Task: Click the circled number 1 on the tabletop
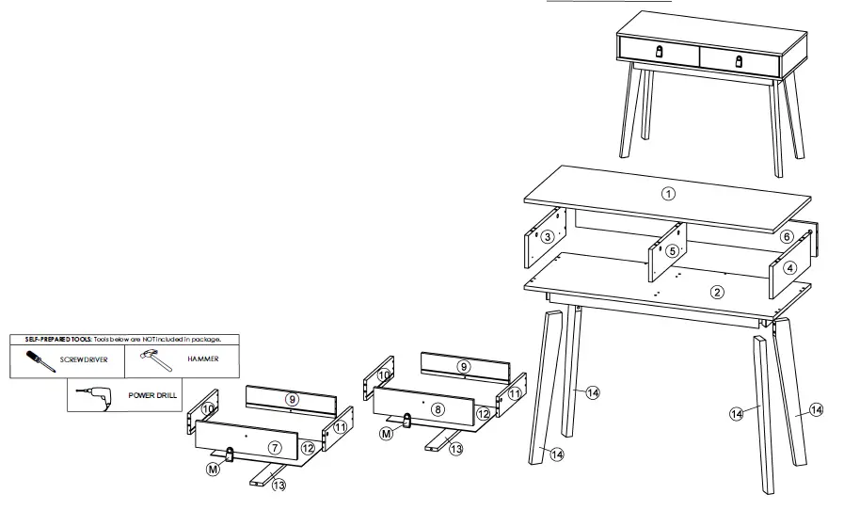(x=668, y=195)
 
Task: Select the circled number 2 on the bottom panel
(x=717, y=292)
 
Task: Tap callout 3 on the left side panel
(x=546, y=237)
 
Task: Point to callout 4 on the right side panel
(x=790, y=268)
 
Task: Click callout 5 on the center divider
(x=672, y=251)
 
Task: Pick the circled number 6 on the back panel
(x=786, y=237)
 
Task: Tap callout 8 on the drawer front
(x=438, y=410)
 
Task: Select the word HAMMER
(x=203, y=359)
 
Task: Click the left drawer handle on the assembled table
(x=659, y=52)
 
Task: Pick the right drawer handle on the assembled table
(x=740, y=60)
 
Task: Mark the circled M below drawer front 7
(x=213, y=469)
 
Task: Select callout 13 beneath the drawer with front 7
(x=279, y=485)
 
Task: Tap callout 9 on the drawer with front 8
(x=463, y=365)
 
